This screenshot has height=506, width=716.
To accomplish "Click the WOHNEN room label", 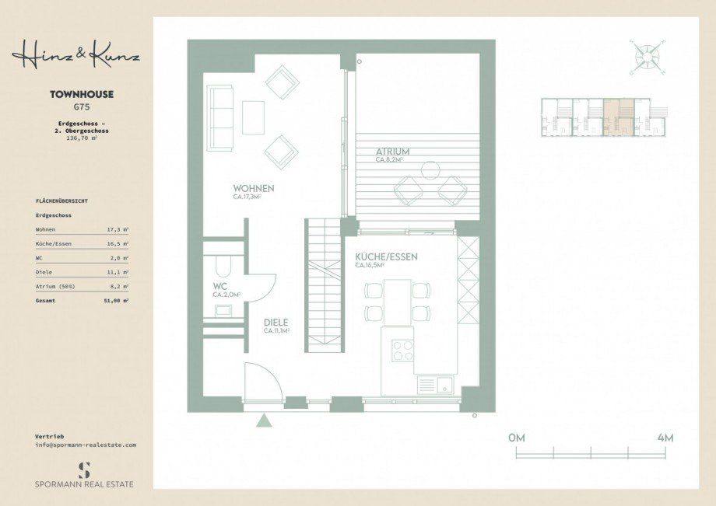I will (254, 189).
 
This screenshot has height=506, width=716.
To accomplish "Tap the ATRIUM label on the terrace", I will (392, 152).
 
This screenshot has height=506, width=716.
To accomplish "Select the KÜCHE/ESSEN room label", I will (386, 256).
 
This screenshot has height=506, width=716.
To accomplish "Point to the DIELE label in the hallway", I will (276, 323).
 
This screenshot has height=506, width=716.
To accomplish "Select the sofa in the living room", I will (220, 118).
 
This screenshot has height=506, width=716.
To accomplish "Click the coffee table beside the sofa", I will (254, 118).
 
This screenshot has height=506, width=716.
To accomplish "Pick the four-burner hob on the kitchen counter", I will (402, 351).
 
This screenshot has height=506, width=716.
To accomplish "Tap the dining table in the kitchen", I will (398, 302).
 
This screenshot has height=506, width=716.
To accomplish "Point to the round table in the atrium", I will (430, 169).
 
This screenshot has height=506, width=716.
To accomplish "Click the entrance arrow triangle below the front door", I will (265, 421).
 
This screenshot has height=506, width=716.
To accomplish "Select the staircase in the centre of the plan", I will (324, 284).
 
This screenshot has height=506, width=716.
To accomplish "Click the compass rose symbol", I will (644, 56).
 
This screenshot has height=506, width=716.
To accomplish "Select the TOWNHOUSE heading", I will (82, 94).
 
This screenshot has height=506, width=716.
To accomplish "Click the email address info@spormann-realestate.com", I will (86, 445).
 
